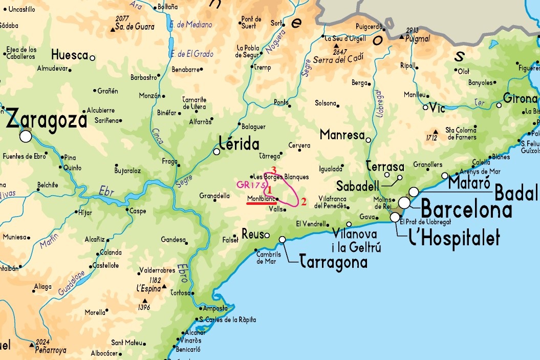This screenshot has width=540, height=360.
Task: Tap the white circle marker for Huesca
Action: [93, 58]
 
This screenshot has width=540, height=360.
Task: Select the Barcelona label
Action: [466, 210]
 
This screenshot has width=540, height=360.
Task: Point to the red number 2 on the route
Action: [304, 201]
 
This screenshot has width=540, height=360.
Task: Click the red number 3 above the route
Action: [274, 170]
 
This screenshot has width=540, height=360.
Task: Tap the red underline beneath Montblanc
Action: [262, 203]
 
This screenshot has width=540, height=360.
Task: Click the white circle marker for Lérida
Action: [217, 152]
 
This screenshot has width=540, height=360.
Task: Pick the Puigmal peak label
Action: [417, 38]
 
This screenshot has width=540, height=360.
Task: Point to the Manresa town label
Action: [341, 135]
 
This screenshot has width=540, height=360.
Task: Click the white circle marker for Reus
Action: [267, 235]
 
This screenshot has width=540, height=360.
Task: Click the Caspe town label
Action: [138, 211]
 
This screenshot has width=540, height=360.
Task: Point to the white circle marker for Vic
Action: [425, 108]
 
